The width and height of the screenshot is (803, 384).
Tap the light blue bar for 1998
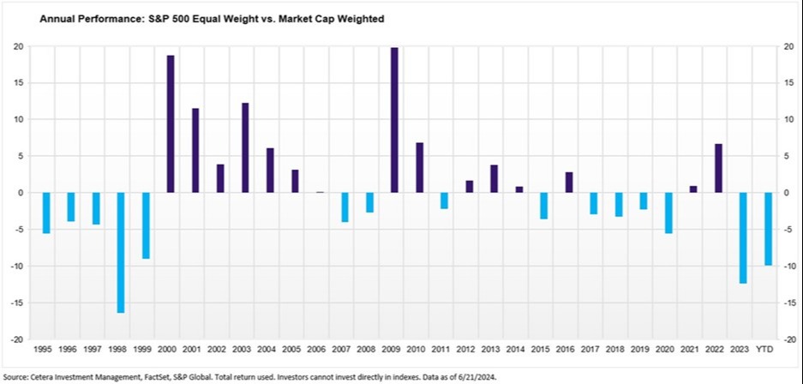coord(121,252)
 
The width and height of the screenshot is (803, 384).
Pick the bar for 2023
coord(743,237)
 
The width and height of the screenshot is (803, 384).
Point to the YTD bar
coord(769,229)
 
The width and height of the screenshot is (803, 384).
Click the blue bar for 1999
coord(146,225)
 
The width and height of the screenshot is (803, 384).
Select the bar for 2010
coord(419,167)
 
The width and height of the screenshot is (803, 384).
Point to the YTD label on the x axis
coord(769,349)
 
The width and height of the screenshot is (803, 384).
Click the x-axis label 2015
coord(543,349)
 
